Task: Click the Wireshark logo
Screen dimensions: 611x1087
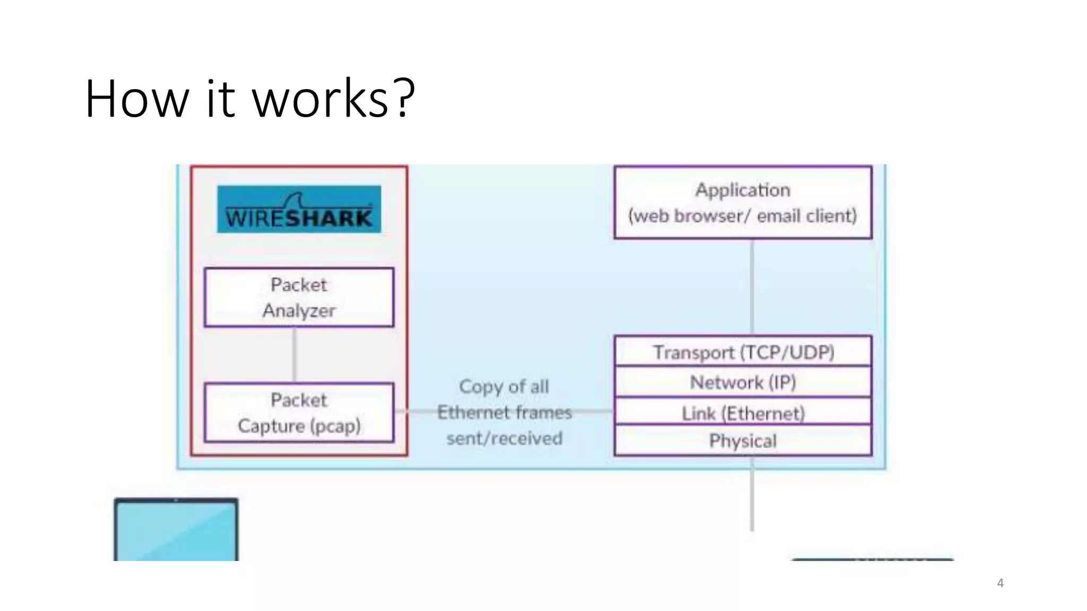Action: (x=299, y=209)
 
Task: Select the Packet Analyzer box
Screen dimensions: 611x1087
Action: (x=299, y=297)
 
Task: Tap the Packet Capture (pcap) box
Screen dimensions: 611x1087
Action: (x=299, y=413)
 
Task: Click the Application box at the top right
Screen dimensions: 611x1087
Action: (x=743, y=202)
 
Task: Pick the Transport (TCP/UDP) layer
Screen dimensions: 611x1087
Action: (x=743, y=352)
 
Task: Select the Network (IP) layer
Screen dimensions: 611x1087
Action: (x=743, y=382)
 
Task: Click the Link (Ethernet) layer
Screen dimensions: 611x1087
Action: (x=743, y=413)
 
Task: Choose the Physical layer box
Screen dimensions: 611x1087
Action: (x=743, y=441)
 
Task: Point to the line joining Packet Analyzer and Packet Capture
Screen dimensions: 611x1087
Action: (x=295, y=354)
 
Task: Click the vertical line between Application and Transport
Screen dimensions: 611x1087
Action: (x=752, y=286)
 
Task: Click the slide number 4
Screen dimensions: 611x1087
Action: (x=1000, y=583)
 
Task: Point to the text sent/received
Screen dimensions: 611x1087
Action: (x=504, y=439)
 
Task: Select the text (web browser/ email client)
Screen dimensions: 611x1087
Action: (x=743, y=216)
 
